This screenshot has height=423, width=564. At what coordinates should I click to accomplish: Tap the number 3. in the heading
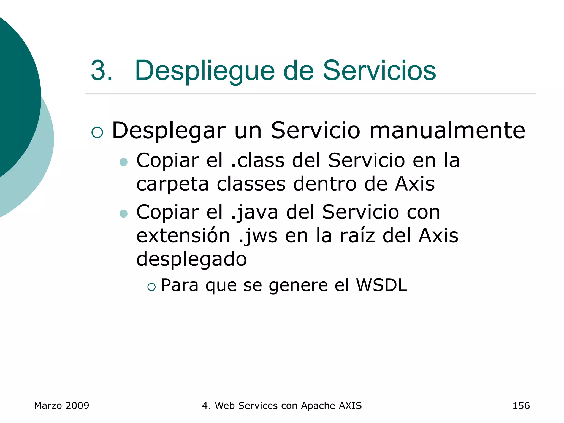(x=102, y=71)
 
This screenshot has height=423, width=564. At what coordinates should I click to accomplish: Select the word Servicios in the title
(x=379, y=71)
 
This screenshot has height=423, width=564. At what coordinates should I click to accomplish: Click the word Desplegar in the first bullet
(x=169, y=131)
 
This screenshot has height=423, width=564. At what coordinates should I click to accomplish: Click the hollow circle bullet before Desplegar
(x=97, y=132)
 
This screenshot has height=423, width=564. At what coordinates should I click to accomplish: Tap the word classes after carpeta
(x=251, y=184)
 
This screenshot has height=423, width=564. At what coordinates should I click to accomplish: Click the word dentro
(x=325, y=184)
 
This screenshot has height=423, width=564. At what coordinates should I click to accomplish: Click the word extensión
(x=183, y=236)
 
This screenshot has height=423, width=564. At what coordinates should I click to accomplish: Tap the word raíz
(x=358, y=236)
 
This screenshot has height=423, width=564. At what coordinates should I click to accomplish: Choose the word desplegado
(x=191, y=259)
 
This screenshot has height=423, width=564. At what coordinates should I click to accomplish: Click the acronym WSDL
(x=381, y=285)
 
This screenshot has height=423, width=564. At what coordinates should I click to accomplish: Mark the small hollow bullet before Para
(x=151, y=287)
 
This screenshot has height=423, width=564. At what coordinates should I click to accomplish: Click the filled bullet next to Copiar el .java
(x=124, y=214)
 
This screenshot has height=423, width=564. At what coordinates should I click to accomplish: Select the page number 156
(x=521, y=406)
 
